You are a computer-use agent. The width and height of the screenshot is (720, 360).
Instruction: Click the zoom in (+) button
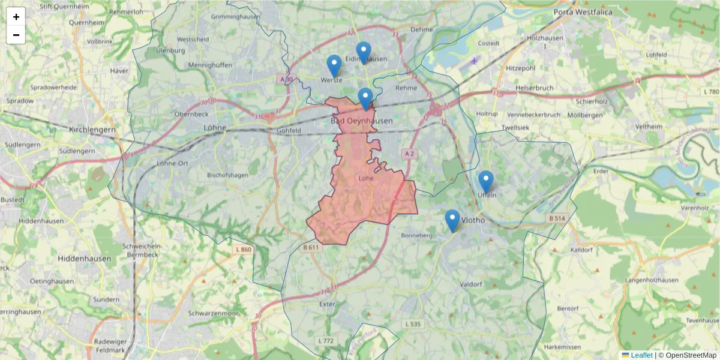tap(16, 17)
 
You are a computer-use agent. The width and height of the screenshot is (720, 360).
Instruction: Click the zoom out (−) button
tap(16, 35)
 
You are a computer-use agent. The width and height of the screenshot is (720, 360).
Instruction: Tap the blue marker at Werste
tap(334, 65)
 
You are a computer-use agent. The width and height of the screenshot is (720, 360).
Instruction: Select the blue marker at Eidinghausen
tap(364, 52)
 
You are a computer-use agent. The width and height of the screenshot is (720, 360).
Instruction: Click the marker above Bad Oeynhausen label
tap(365, 98)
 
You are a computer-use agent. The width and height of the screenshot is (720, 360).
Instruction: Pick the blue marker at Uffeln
tap(486, 181)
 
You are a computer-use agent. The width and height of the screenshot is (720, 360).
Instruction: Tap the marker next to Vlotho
tap(452, 220)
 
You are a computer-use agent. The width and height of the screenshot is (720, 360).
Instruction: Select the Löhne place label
tap(215, 128)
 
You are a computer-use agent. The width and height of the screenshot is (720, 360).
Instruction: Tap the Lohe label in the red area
tap(365, 178)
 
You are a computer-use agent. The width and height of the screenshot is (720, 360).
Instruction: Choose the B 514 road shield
tap(557, 218)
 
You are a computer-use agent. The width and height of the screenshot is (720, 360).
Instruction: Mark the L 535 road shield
tap(413, 324)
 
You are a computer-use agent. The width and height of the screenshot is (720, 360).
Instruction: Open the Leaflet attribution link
tap(641, 355)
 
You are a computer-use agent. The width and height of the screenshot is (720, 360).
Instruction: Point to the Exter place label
tap(327, 304)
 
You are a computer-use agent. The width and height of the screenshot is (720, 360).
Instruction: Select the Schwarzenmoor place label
tap(213, 313)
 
